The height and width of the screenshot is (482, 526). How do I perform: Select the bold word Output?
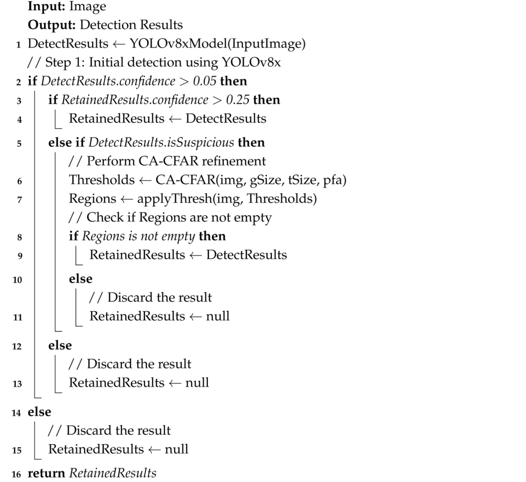click(50, 25)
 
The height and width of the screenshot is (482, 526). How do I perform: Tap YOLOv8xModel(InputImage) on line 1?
click(217, 44)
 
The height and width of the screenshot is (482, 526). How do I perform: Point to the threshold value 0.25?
click(238, 100)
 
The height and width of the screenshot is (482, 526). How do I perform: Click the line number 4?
click(19, 120)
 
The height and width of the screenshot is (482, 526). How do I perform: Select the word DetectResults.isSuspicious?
click(161, 143)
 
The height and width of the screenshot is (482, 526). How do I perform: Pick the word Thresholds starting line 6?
click(102, 180)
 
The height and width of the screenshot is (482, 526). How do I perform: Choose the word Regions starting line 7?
click(92, 199)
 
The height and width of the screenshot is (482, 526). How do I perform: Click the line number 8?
click(19, 237)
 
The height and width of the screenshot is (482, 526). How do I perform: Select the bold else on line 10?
click(81, 279)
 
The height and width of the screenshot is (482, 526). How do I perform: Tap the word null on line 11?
click(217, 316)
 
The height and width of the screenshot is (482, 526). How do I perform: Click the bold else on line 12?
click(60, 345)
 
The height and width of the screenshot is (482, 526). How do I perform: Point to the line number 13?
click(17, 384)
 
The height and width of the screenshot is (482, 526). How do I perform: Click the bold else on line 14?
click(40, 412)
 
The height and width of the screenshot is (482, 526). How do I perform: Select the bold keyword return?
click(46, 473)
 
